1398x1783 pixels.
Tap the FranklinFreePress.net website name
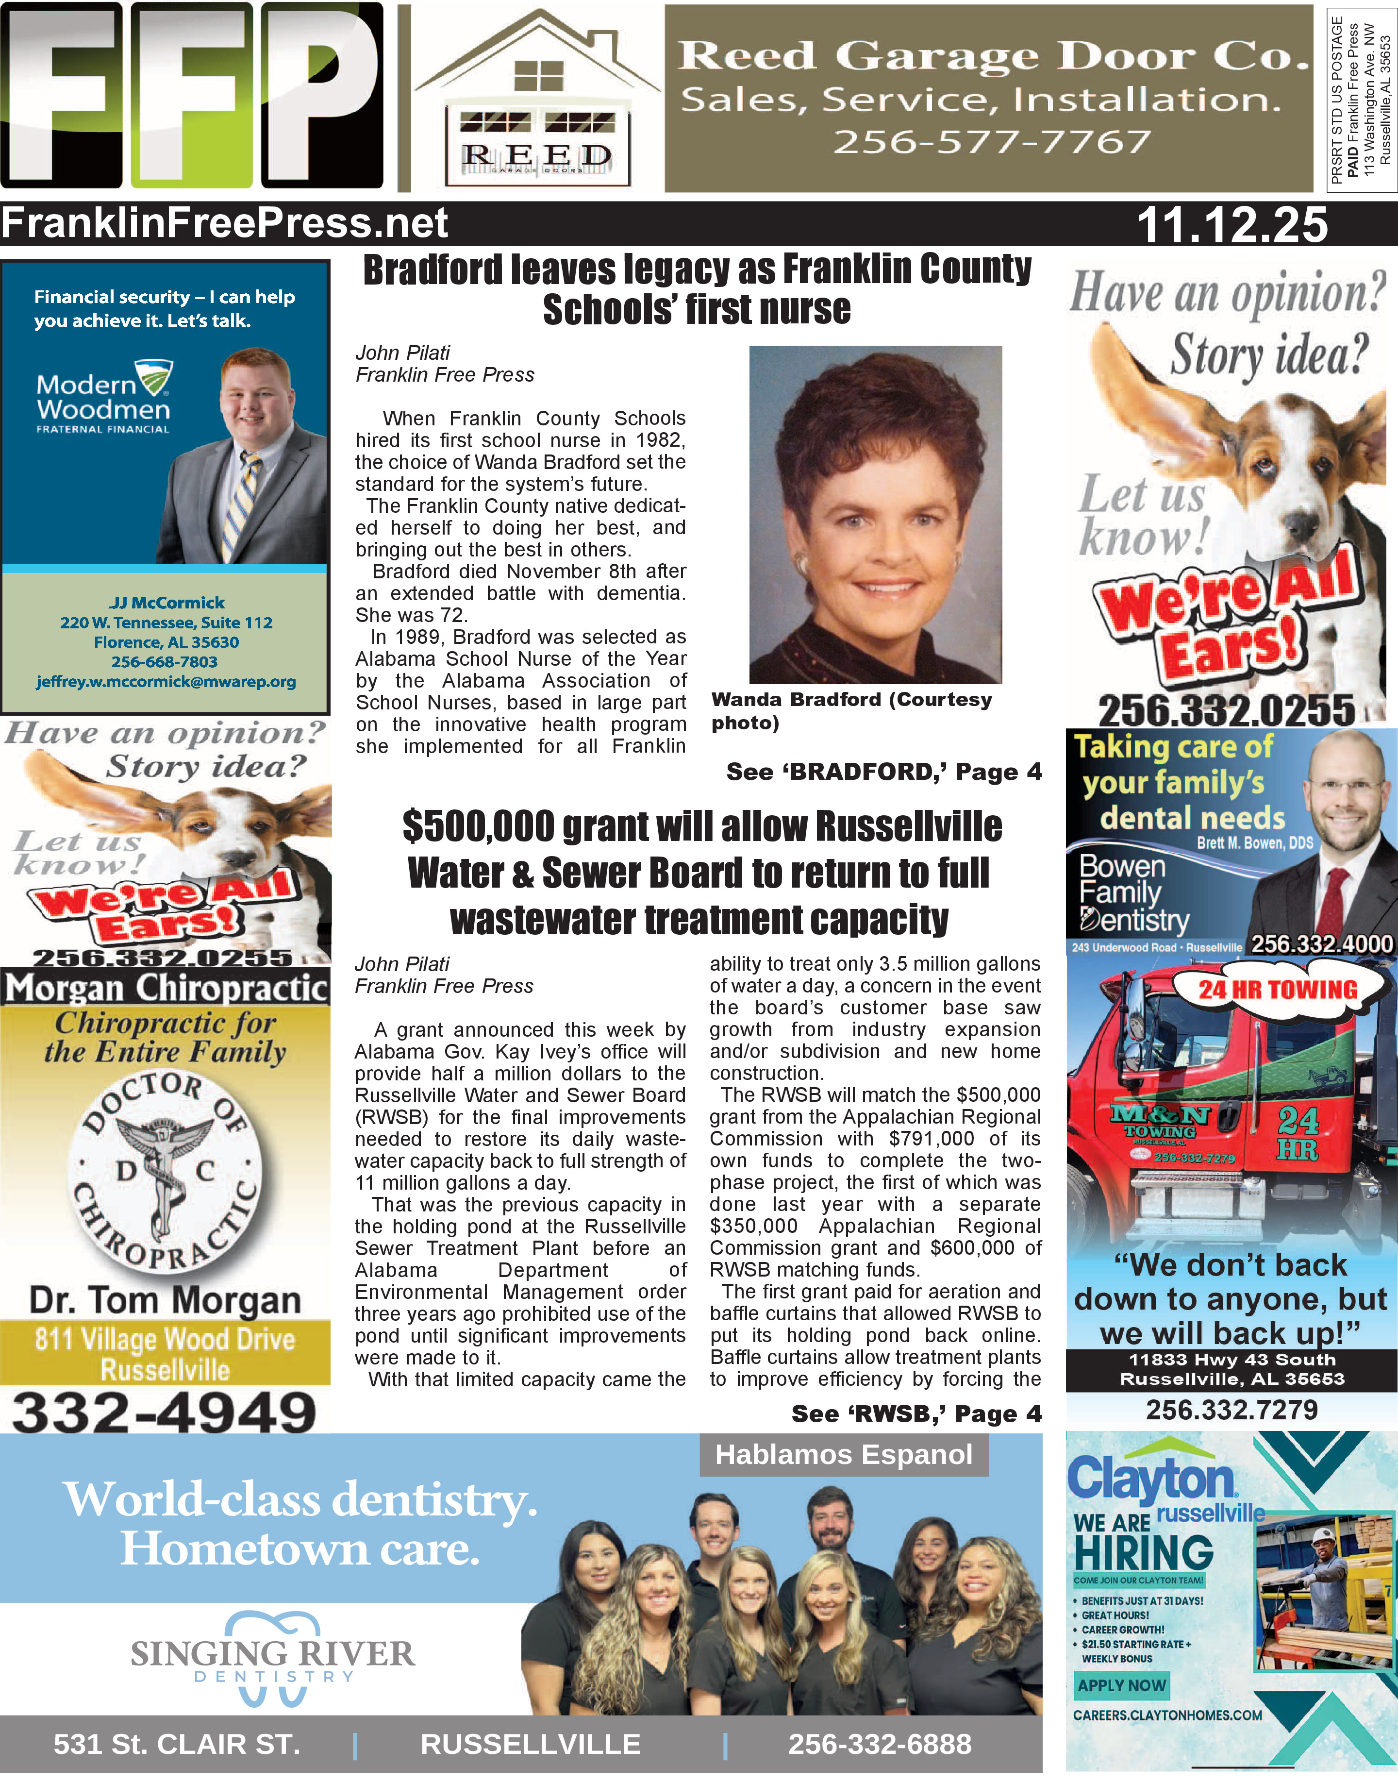pos(225,223)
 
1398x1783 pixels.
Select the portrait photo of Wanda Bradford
pos(875,514)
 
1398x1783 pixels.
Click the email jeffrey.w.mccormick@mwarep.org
pos(166,681)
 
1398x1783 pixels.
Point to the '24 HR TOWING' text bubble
pos(1278,990)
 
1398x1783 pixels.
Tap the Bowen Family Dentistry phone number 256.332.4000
pos(1321,944)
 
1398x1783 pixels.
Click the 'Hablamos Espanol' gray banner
pos(843,1455)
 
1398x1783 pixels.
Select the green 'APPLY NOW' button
pos(1121,1685)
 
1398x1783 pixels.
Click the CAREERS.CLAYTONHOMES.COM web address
pos(1167,1715)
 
